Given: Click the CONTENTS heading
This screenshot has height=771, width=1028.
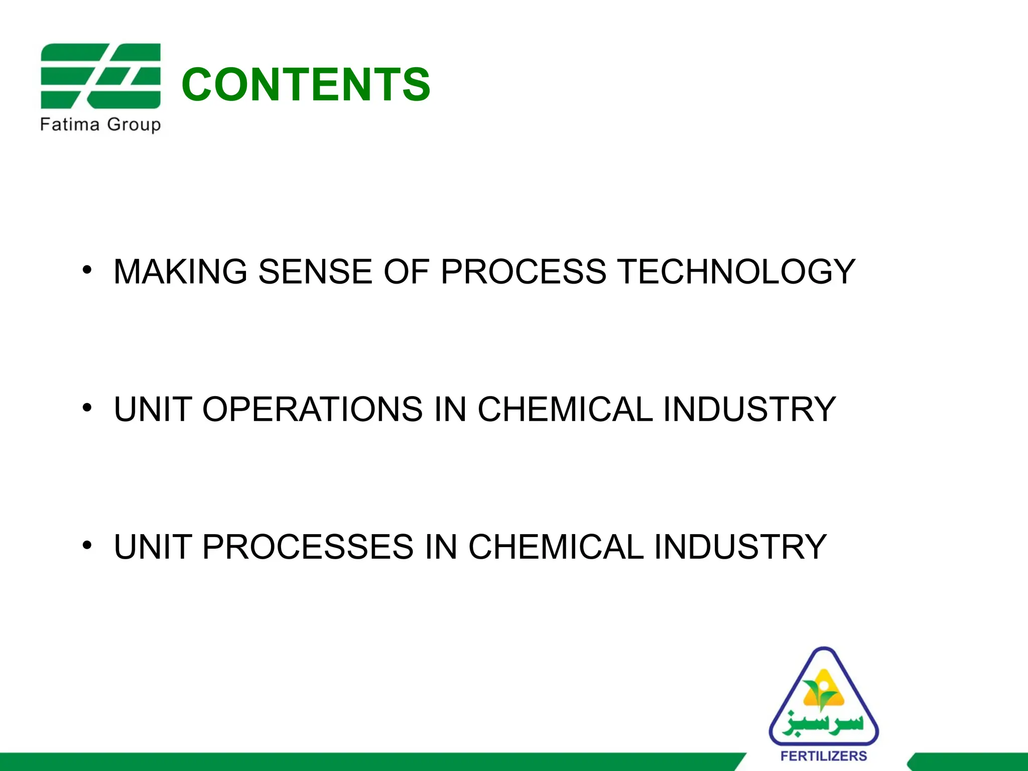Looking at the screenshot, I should point(306,85).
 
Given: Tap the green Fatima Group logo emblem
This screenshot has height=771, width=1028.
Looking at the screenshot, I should point(100,76).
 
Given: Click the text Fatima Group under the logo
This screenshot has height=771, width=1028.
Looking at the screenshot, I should point(100,124).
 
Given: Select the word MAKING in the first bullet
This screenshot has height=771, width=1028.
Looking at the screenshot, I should point(180,272).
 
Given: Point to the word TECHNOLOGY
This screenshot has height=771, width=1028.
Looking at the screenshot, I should point(736,272).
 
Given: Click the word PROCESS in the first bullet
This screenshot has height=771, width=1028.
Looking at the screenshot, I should point(524,272).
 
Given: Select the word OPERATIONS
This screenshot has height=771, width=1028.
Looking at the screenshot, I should point(312,409).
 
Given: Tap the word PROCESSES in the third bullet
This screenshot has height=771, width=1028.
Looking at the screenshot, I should point(308,547).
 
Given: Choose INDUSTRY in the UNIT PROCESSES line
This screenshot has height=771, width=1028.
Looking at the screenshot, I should point(740,547).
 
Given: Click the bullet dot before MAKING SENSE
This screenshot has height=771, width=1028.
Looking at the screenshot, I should point(87,270).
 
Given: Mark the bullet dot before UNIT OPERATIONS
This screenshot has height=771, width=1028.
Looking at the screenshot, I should point(87,407).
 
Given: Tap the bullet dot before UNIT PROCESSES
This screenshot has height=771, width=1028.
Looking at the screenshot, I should point(87,545).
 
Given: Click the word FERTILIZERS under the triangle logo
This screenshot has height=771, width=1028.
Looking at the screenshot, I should point(824,756).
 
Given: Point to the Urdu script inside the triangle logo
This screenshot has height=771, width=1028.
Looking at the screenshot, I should point(823,723).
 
